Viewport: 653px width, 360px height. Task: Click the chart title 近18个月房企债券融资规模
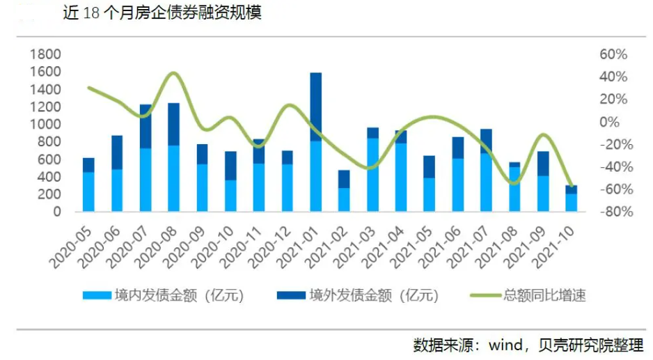tap(157, 13)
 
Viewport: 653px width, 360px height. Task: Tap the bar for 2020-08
tap(173, 157)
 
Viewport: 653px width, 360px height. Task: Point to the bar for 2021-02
tap(344, 190)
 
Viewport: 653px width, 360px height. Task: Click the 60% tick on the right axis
tap(613, 54)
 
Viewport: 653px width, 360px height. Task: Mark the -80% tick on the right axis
tap(613, 212)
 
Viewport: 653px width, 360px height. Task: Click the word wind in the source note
tap(508, 345)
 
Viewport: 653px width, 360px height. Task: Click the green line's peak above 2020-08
tap(174, 73)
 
